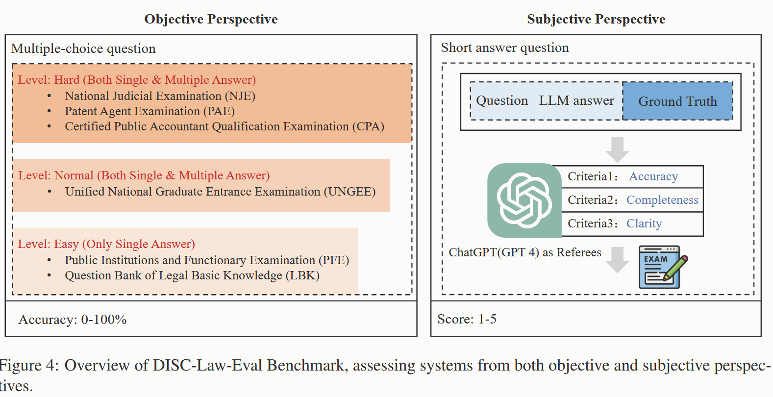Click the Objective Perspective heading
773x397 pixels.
211,19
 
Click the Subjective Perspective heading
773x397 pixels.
596,19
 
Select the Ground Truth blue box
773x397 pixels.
677,101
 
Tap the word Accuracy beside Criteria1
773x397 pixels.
653,176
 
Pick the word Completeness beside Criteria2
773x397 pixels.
662,200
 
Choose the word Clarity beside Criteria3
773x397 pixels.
644,223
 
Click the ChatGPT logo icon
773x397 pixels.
524,200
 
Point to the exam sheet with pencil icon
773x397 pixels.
662,267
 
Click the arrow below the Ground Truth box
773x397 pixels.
617,149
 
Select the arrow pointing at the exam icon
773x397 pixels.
617,260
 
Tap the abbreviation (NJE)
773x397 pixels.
240,96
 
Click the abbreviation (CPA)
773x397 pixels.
368,126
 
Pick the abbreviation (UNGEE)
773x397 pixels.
349,192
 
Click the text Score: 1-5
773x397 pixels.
467,319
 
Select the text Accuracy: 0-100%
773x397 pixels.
73,320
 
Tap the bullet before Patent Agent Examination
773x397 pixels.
49,111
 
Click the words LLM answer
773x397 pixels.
576,101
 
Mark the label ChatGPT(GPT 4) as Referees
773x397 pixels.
524,252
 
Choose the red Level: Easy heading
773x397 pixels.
106,244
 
